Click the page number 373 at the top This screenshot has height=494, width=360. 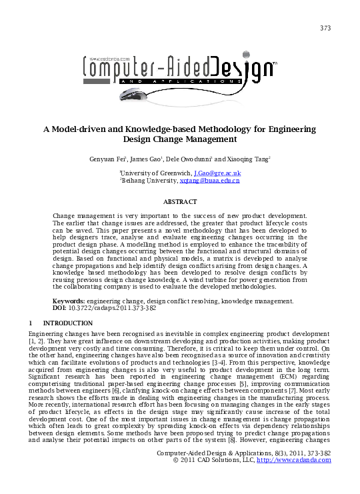(325, 27)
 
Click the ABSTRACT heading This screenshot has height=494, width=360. (180, 201)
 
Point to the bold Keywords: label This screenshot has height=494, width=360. (69, 301)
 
